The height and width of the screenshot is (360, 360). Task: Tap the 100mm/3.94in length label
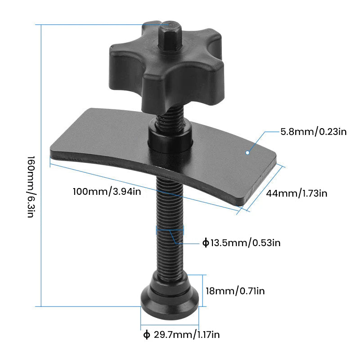click(x=107, y=191)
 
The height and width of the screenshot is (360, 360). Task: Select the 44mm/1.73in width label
click(x=296, y=193)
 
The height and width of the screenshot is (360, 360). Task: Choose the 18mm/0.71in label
click(x=235, y=291)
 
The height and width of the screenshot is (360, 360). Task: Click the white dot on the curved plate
click(x=247, y=153)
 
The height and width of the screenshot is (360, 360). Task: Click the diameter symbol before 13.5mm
click(x=206, y=243)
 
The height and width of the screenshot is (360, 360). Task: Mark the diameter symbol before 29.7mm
click(x=146, y=334)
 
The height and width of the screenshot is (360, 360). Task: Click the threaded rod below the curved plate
click(x=170, y=225)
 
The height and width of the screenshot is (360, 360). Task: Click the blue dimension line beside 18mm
click(x=202, y=291)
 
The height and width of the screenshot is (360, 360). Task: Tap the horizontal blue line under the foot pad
click(x=170, y=325)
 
